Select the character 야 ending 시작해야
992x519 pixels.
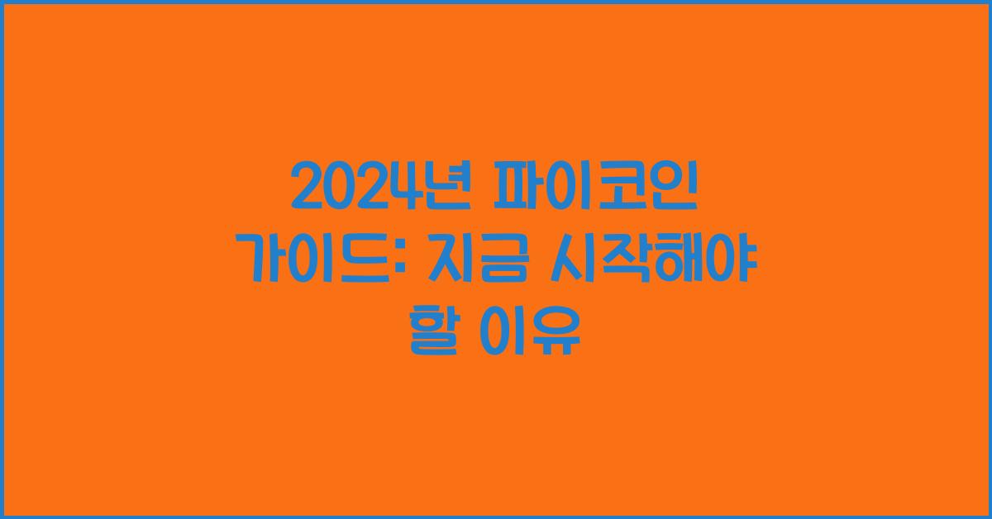(x=733, y=261)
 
